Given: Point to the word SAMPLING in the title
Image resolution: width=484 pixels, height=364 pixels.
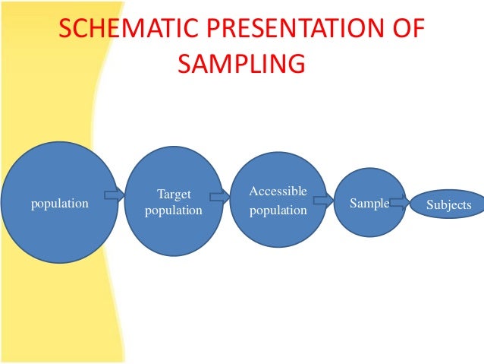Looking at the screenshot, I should pos(241,64).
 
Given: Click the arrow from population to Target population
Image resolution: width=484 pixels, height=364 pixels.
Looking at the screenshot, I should pos(115,195).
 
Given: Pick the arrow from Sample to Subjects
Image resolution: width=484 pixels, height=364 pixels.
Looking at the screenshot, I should pos(399,203).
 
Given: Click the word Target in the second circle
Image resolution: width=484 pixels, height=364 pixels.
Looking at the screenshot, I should pos(174,195).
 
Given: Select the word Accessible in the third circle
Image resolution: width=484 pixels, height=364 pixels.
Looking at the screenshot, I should pos(278,191).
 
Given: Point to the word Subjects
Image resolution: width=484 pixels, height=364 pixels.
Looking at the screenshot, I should pos(448,205).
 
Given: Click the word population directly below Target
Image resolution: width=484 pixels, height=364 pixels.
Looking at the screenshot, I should pos(174,210).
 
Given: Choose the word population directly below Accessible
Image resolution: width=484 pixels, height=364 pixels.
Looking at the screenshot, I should pos(278,210).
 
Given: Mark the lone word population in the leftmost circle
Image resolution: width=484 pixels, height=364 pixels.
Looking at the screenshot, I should pos(59,204).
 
